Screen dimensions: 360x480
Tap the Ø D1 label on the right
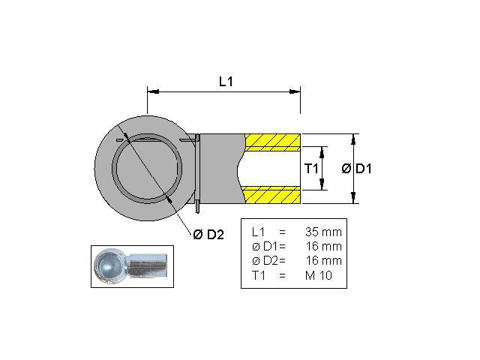[357, 169]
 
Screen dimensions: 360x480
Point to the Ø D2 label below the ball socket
[208, 235]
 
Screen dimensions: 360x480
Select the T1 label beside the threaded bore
[313, 169]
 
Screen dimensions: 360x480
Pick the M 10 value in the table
[321, 275]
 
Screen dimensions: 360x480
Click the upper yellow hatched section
[272, 142]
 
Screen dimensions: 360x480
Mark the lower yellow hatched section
[272, 195]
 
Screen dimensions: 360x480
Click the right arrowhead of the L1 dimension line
[296, 91]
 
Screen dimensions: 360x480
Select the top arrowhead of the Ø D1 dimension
[352, 138]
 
